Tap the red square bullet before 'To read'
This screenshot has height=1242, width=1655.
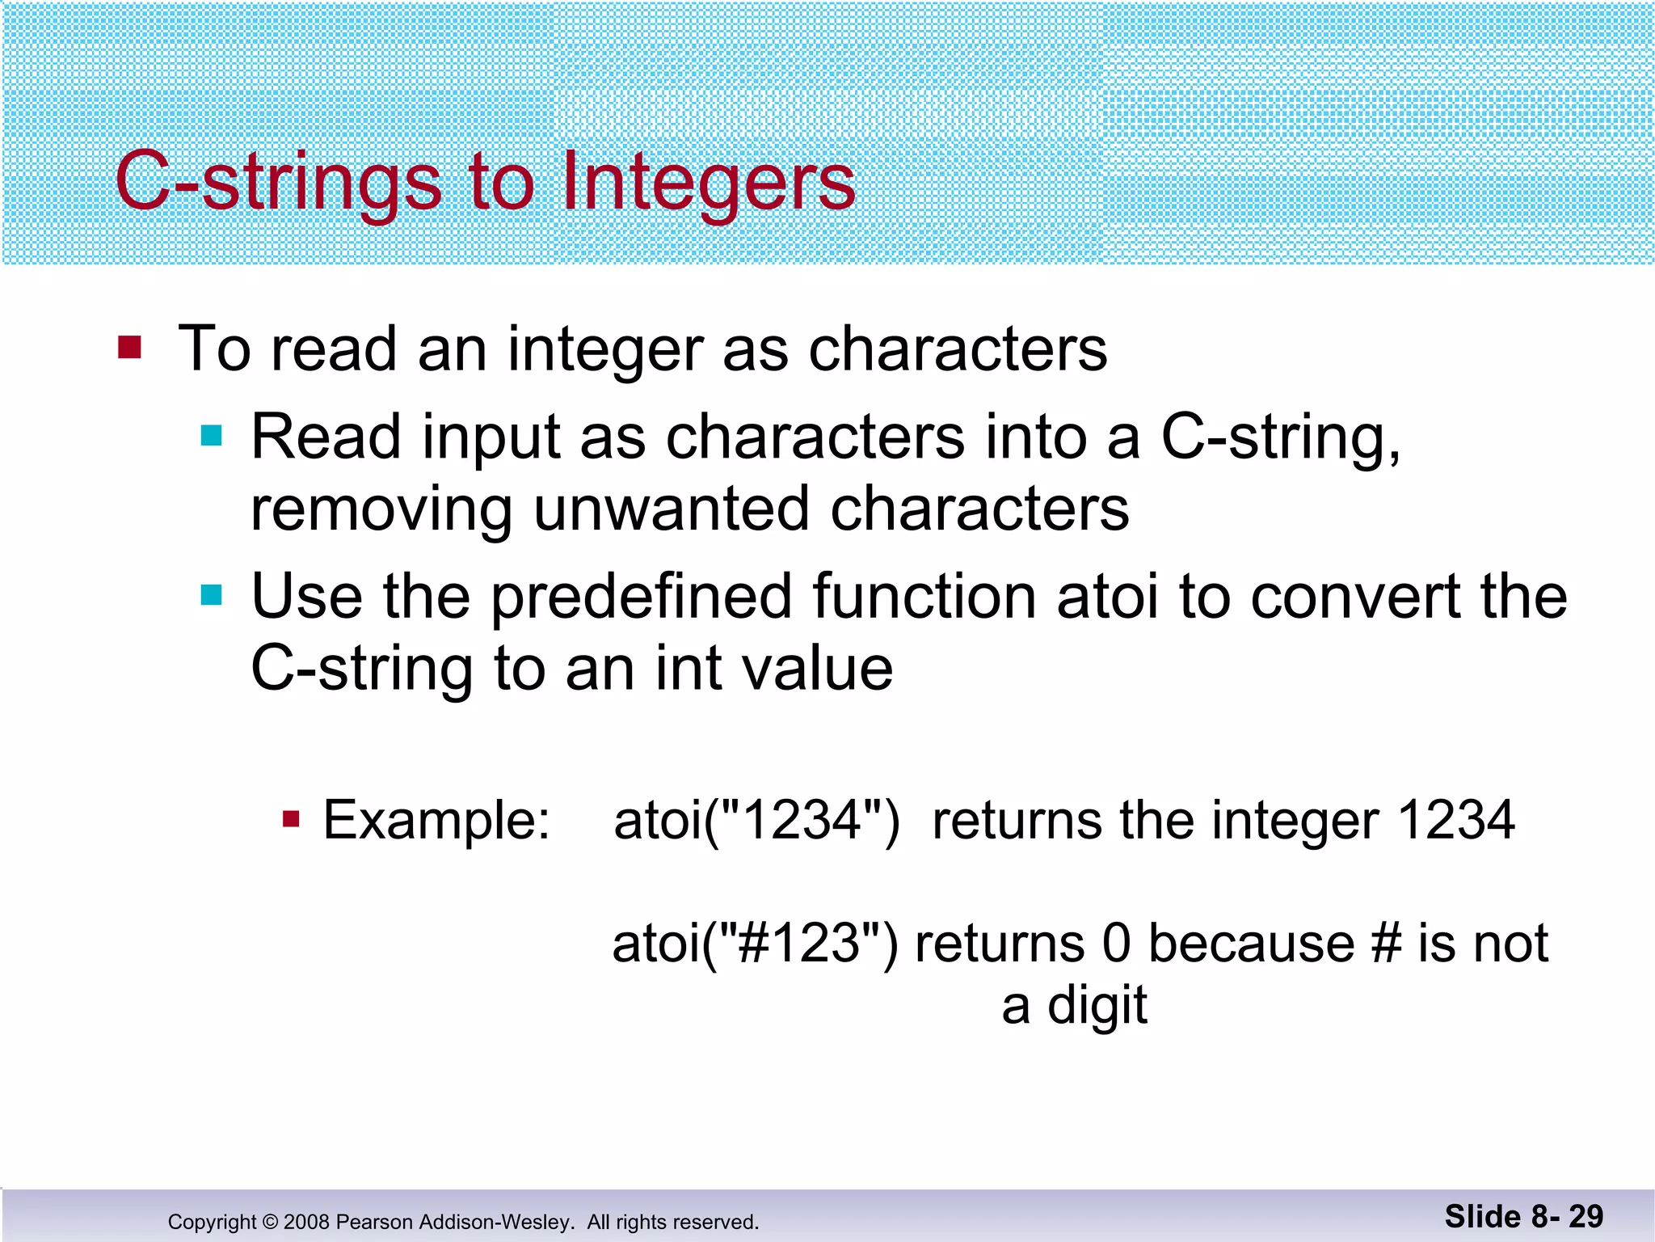click(x=129, y=348)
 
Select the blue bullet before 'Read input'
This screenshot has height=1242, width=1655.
click(x=212, y=437)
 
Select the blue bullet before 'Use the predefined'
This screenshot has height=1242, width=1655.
click(x=212, y=596)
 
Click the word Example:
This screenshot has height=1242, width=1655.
click(x=436, y=821)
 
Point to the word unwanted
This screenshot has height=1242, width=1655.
click(x=671, y=509)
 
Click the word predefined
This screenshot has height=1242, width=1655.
click(x=641, y=597)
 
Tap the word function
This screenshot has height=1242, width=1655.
click(x=924, y=597)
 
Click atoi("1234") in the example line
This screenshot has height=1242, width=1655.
click(x=756, y=821)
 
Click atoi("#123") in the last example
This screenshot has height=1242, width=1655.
click(x=755, y=944)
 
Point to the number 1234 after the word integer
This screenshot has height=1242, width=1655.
click(x=1455, y=821)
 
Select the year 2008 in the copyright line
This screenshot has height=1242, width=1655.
click(x=306, y=1222)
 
